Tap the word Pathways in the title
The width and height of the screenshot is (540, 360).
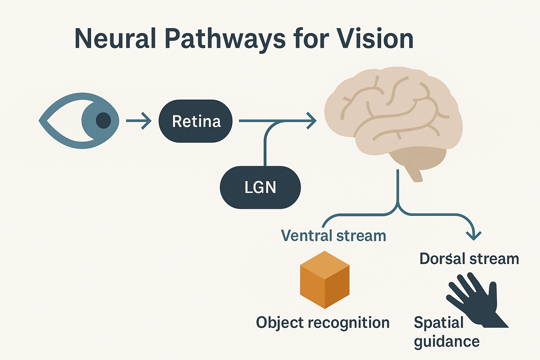tap(225, 39)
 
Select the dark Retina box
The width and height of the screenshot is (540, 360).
tap(195, 121)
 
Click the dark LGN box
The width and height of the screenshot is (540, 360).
tap(260, 187)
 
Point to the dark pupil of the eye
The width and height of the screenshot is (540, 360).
tap(103, 121)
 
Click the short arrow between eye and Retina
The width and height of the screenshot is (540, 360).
tap(139, 121)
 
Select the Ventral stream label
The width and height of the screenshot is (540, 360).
tap(333, 236)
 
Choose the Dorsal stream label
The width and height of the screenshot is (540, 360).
tap(469, 259)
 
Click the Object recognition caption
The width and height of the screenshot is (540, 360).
tap(323, 322)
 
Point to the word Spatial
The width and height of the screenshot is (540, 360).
tap(439, 322)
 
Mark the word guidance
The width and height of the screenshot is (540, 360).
tap(446, 342)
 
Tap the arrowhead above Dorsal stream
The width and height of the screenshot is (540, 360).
tap(474, 236)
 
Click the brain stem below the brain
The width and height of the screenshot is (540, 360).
tap(415, 174)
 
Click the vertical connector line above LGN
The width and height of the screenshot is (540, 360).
tap(265, 148)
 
